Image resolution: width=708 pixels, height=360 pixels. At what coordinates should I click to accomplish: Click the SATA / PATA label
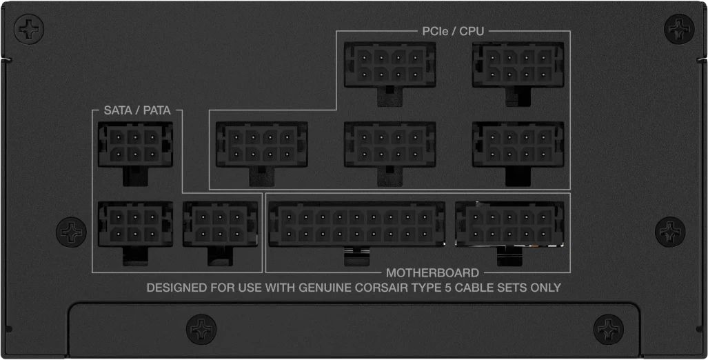click(x=137, y=110)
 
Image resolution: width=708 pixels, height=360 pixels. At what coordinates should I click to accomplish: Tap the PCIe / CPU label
click(x=453, y=31)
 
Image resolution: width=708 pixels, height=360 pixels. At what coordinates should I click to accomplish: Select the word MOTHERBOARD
click(x=432, y=273)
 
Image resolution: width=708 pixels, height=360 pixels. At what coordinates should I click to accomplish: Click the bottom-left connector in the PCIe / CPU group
click(x=262, y=145)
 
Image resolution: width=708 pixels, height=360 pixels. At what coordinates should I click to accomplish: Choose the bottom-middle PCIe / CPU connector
click(x=390, y=145)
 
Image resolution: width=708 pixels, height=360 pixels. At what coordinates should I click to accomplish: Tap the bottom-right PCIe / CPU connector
click(x=518, y=145)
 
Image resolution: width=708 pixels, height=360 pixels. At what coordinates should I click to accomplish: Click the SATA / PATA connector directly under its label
click(x=135, y=145)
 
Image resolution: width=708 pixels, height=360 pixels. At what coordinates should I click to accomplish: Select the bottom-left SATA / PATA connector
click(x=135, y=225)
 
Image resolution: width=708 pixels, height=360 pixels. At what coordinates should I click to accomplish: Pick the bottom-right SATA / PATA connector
click(x=221, y=225)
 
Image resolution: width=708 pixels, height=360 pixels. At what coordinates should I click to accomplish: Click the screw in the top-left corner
click(x=29, y=30)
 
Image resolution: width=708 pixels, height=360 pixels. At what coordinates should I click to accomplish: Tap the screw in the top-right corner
click(x=679, y=30)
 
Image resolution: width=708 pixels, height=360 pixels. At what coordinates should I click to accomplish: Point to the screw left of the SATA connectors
click(x=71, y=232)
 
